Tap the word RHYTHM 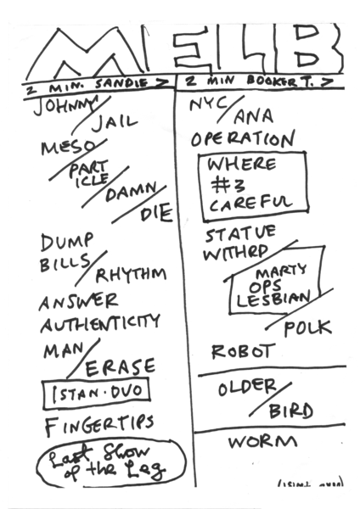click(131, 275)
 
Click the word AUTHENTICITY click(99, 322)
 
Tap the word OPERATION click(243, 138)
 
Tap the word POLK click(307, 327)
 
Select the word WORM click(263, 442)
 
